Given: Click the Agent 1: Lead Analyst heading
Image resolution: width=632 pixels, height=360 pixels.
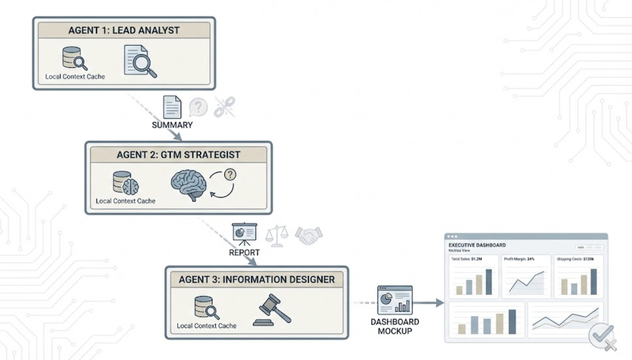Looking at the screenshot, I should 124,30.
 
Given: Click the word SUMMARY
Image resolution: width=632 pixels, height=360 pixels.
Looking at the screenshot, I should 172,125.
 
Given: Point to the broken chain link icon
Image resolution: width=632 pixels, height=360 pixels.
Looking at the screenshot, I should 224,107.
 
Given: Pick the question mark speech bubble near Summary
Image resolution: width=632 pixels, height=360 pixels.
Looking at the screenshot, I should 198,107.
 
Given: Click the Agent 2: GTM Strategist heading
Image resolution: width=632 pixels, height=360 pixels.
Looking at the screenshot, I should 178,155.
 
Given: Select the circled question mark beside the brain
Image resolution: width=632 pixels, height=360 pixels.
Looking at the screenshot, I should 230,175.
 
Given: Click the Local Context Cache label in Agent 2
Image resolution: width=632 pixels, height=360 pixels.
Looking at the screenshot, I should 125,201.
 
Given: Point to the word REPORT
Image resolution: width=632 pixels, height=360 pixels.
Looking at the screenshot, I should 244,252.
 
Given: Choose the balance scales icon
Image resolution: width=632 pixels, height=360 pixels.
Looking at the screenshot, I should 277,236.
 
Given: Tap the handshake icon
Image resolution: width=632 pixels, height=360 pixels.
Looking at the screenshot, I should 308,235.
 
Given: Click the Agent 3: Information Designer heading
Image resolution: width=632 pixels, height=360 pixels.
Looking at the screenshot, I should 256,280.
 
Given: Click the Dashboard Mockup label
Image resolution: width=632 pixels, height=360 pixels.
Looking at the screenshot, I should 395,326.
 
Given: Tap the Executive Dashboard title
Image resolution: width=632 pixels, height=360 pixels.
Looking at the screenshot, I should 477,245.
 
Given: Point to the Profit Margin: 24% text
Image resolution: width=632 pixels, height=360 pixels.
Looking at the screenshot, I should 519,259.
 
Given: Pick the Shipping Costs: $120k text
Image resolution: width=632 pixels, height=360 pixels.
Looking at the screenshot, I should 575,259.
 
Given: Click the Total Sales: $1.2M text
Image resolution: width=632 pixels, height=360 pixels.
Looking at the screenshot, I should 466,259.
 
